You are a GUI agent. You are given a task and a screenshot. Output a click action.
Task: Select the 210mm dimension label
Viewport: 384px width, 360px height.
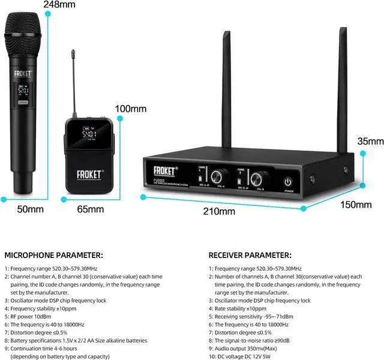(x=218, y=211)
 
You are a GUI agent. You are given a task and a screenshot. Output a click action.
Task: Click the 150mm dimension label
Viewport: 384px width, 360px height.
(x=356, y=205)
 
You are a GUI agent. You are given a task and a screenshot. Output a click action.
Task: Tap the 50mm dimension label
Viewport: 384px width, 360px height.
(x=31, y=209)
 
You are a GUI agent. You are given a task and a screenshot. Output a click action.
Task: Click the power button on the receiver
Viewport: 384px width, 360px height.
(x=288, y=182)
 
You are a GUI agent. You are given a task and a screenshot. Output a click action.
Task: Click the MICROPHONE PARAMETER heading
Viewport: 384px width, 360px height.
(x=53, y=254)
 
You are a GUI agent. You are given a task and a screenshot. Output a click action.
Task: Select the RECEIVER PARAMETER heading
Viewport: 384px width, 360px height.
(x=250, y=254)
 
